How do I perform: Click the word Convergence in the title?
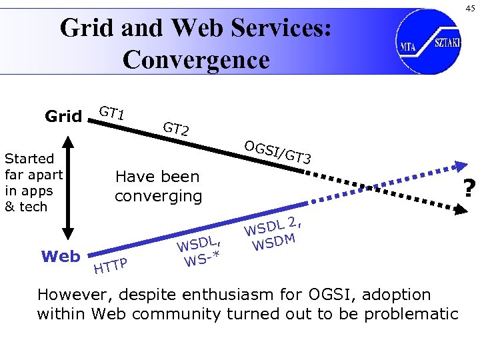click(x=196, y=59)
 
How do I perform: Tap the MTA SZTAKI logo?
click(x=428, y=41)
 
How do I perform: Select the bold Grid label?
click(x=63, y=117)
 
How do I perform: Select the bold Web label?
click(x=61, y=257)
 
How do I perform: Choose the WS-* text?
click(x=203, y=257)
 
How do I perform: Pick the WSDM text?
click(x=275, y=240)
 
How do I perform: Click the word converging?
click(x=158, y=197)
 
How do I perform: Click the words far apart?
click(x=33, y=175)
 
